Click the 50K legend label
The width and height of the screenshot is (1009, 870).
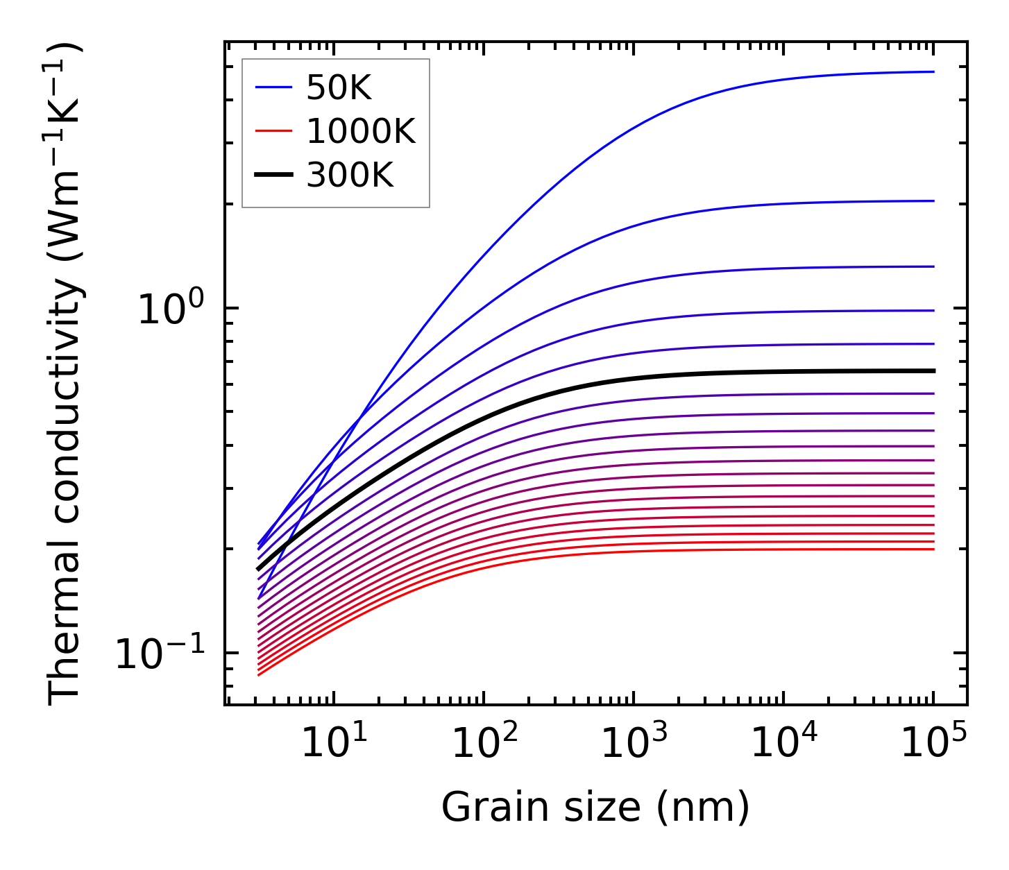click(x=339, y=88)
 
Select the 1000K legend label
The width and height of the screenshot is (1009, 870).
click(x=361, y=132)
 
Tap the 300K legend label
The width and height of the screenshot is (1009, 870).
click(x=350, y=176)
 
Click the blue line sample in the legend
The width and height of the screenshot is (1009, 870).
click(x=273, y=88)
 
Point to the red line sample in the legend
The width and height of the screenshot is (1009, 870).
click(x=273, y=132)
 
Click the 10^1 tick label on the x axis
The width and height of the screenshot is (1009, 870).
click(x=333, y=742)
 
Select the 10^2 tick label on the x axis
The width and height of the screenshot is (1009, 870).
click(x=483, y=742)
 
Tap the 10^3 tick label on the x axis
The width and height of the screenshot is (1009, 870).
click(x=633, y=742)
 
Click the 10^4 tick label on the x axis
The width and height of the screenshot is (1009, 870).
click(x=783, y=742)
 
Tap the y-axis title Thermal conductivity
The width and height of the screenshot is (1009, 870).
click(x=65, y=375)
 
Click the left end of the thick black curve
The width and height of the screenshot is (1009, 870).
click(x=258, y=570)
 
